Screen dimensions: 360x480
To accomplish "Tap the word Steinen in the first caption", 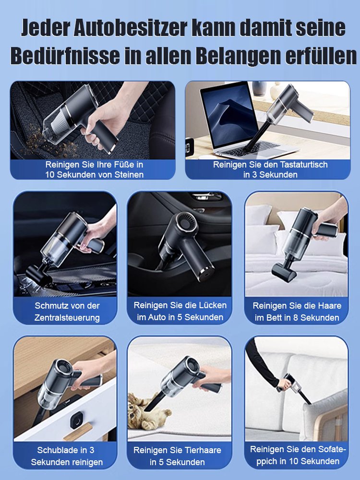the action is point(127,175).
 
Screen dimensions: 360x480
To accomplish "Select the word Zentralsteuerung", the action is point(67,317).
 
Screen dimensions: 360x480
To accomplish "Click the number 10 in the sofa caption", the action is point(290,461).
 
